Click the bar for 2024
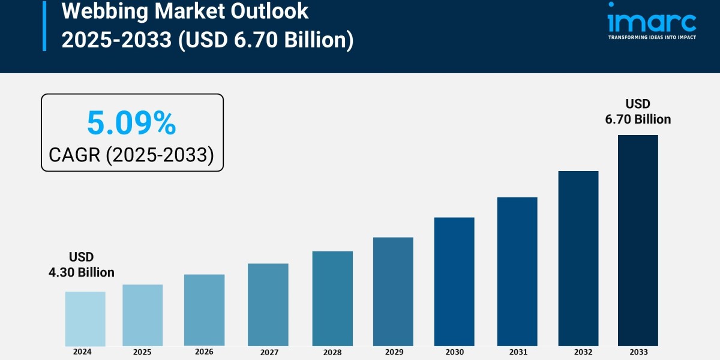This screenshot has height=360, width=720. (x=85, y=319)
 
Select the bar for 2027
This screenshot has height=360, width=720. (x=268, y=305)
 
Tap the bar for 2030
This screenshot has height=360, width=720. (x=454, y=281)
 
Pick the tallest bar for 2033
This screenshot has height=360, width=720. (x=638, y=240)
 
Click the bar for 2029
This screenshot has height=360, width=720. (x=393, y=292)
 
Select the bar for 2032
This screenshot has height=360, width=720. (x=578, y=258)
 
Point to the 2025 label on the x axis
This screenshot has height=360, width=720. (x=142, y=352)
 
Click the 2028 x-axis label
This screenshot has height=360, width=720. (x=332, y=352)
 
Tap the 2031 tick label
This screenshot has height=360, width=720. (x=517, y=352)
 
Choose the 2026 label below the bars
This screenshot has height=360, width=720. (x=204, y=352)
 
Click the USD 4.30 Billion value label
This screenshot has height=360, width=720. (x=82, y=265)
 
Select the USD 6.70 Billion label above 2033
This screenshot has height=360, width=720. (x=638, y=112)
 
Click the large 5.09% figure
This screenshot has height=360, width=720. (x=131, y=124)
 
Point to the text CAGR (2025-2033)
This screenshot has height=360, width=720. (x=131, y=155)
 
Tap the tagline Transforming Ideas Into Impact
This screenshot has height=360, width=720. (x=652, y=37)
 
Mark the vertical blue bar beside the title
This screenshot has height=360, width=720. (x=44, y=25)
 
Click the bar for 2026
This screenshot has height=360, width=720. (x=204, y=310)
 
